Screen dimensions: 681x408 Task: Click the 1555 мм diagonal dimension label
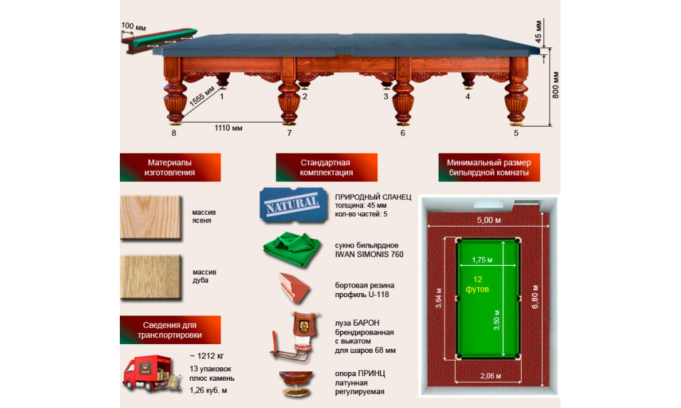202,97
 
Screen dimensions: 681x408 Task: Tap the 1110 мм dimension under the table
228,128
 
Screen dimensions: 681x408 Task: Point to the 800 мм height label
556,85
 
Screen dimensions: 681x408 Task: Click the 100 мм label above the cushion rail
133,27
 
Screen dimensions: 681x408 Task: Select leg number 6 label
402,133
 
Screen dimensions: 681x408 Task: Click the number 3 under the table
385,97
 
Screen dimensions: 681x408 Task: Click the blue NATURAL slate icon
294,205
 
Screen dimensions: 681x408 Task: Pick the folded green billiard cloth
292,249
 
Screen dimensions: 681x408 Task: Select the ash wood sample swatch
151,217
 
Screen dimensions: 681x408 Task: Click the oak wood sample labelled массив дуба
151,277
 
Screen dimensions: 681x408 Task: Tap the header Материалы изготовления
170,167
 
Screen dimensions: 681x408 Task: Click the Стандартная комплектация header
326,167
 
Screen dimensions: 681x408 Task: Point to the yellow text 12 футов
477,284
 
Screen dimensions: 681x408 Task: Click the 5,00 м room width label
489,220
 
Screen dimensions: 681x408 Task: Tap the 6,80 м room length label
535,296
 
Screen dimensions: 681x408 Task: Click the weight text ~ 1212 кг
207,356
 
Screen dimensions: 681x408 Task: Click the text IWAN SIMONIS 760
369,254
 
